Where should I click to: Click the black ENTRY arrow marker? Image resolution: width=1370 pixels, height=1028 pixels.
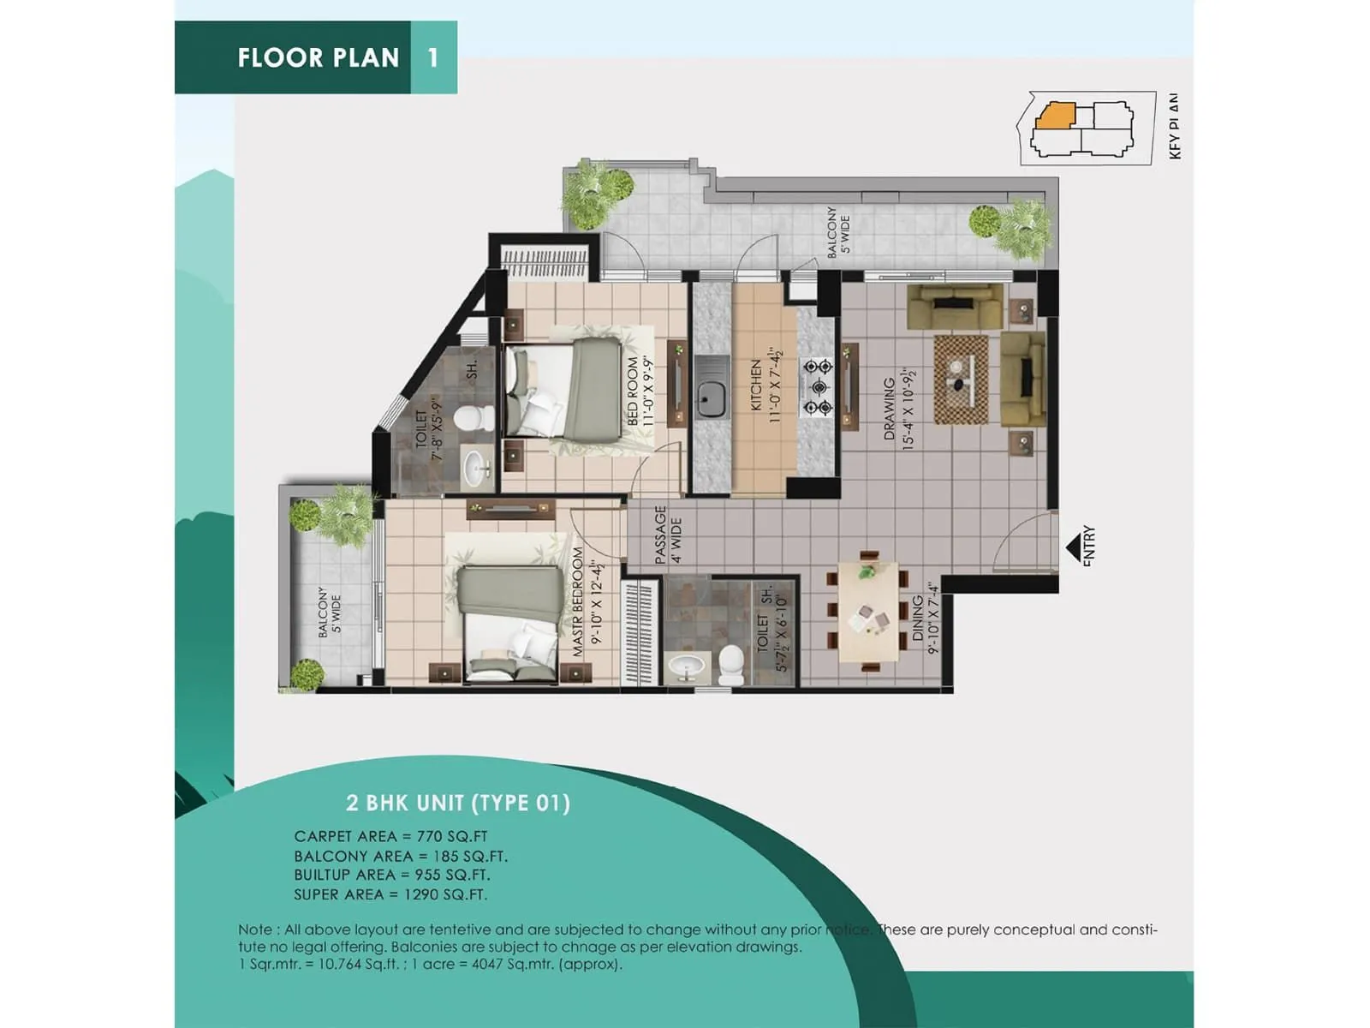click(x=1072, y=547)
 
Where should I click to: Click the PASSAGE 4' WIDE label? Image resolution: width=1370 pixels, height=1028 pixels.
click(x=667, y=535)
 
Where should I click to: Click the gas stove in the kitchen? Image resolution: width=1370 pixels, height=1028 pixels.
click(x=817, y=387)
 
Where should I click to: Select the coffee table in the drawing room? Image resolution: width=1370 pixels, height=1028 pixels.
click(x=960, y=378)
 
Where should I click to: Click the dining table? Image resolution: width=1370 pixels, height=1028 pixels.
click(x=868, y=612)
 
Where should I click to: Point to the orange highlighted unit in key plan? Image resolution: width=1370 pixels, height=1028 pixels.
click(x=1055, y=116)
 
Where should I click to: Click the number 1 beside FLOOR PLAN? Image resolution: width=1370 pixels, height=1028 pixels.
click(x=433, y=57)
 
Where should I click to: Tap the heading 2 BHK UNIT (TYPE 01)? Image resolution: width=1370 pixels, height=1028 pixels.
click(x=458, y=803)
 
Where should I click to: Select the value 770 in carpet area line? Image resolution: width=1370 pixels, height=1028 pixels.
click(x=430, y=836)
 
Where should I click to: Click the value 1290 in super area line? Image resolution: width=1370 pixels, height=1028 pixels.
click(x=423, y=894)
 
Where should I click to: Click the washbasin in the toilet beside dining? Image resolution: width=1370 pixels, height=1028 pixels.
click(x=685, y=666)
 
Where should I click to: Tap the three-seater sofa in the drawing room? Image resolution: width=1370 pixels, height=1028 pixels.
click(x=955, y=305)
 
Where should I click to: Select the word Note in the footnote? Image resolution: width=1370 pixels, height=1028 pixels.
click(x=255, y=929)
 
